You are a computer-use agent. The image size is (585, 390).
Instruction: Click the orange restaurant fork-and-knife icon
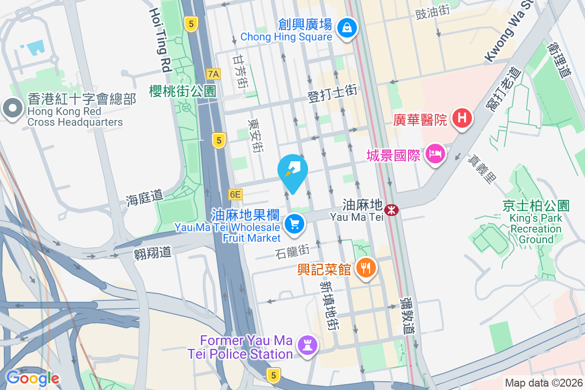pos(365,268)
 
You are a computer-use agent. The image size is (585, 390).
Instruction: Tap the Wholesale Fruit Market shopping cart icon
pos(294,225)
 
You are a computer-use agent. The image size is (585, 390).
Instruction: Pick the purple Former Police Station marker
pos(308,346)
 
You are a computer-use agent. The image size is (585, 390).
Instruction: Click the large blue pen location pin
pos(292,173)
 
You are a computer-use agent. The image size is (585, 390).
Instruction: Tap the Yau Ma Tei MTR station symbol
pos(390,210)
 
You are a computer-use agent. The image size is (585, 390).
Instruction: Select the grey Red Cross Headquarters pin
pos(12,109)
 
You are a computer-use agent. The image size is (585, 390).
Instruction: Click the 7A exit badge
pos(214,74)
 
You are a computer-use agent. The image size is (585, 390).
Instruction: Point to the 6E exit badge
pos(235,195)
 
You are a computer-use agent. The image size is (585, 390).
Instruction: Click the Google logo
pos(32,378)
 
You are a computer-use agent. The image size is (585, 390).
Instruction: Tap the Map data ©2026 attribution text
pos(543,383)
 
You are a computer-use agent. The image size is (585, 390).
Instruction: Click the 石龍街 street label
pos(292,252)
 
